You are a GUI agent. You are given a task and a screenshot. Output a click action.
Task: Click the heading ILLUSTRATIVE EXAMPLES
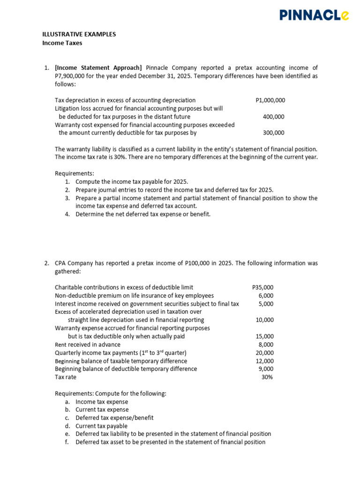pos(79,35)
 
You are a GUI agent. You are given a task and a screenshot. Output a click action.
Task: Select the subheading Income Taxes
pos(62,43)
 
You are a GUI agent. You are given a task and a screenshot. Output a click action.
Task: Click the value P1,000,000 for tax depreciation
pos(270,100)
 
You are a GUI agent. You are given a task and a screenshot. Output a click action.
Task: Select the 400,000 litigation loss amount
pos(273,117)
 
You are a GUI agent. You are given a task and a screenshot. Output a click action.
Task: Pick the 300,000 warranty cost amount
pos(273,133)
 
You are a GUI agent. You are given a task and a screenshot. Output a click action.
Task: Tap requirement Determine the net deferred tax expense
pos(143,214)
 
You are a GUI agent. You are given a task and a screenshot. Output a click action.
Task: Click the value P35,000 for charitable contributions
pos(262,287)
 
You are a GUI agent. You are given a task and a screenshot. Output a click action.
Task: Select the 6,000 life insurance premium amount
pos(266,296)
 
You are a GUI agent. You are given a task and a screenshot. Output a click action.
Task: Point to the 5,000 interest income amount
pos(266,304)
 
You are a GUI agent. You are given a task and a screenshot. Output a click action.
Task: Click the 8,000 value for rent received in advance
pos(266,345)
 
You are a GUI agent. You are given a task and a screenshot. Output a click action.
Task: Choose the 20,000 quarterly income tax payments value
pos(264,352)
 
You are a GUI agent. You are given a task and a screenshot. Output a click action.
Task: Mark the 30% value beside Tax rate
pos(267,377)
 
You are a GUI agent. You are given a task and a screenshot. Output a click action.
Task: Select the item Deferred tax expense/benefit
pos(114,418)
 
